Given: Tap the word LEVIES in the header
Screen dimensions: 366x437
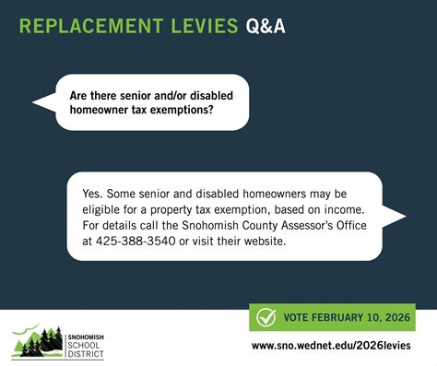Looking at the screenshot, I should click(194, 25).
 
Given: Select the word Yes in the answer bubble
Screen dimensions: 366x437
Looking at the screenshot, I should click(91, 195).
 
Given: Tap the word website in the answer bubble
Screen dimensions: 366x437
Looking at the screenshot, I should click(285, 242).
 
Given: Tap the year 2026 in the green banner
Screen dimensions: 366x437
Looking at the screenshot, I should click(398, 317).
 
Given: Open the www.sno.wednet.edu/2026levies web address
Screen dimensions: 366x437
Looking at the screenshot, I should click(333, 347).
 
